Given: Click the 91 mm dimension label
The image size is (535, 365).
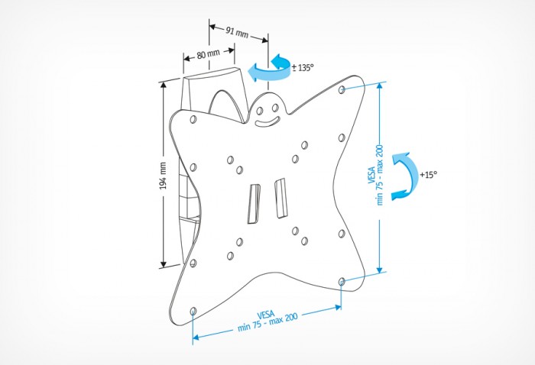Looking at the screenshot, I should coord(238,31).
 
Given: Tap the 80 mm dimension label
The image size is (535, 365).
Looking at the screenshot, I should coord(209,56).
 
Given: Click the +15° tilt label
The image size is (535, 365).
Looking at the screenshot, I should coord(428,174).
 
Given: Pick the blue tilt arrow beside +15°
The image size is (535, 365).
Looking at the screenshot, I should coord(403,176).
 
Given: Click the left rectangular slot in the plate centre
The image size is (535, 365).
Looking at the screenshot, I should coord(254,203).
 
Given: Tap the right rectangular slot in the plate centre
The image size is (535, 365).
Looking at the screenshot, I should coord(279,196).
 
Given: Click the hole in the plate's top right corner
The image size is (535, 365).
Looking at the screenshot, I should coord(342,90).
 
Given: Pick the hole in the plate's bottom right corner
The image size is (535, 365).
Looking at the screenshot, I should coord(341,282).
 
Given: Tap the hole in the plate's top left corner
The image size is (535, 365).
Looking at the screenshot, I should coord(192,120).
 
